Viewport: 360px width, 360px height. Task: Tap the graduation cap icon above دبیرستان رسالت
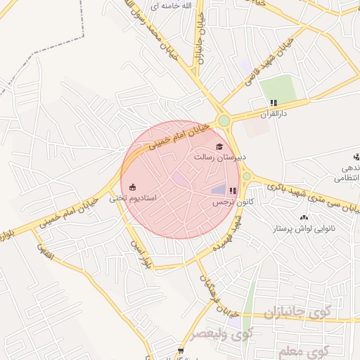tap(220, 146)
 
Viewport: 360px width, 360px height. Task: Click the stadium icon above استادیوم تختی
tap(132, 186)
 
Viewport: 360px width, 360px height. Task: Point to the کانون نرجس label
tap(233, 202)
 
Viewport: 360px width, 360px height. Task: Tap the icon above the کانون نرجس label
tap(233, 191)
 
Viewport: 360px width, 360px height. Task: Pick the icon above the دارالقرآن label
tap(274, 103)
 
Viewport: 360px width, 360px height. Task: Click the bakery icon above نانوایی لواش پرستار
tap(304, 217)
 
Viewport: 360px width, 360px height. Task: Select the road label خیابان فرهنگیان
tap(212, 283)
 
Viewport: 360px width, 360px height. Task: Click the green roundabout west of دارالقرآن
tap(224, 120)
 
